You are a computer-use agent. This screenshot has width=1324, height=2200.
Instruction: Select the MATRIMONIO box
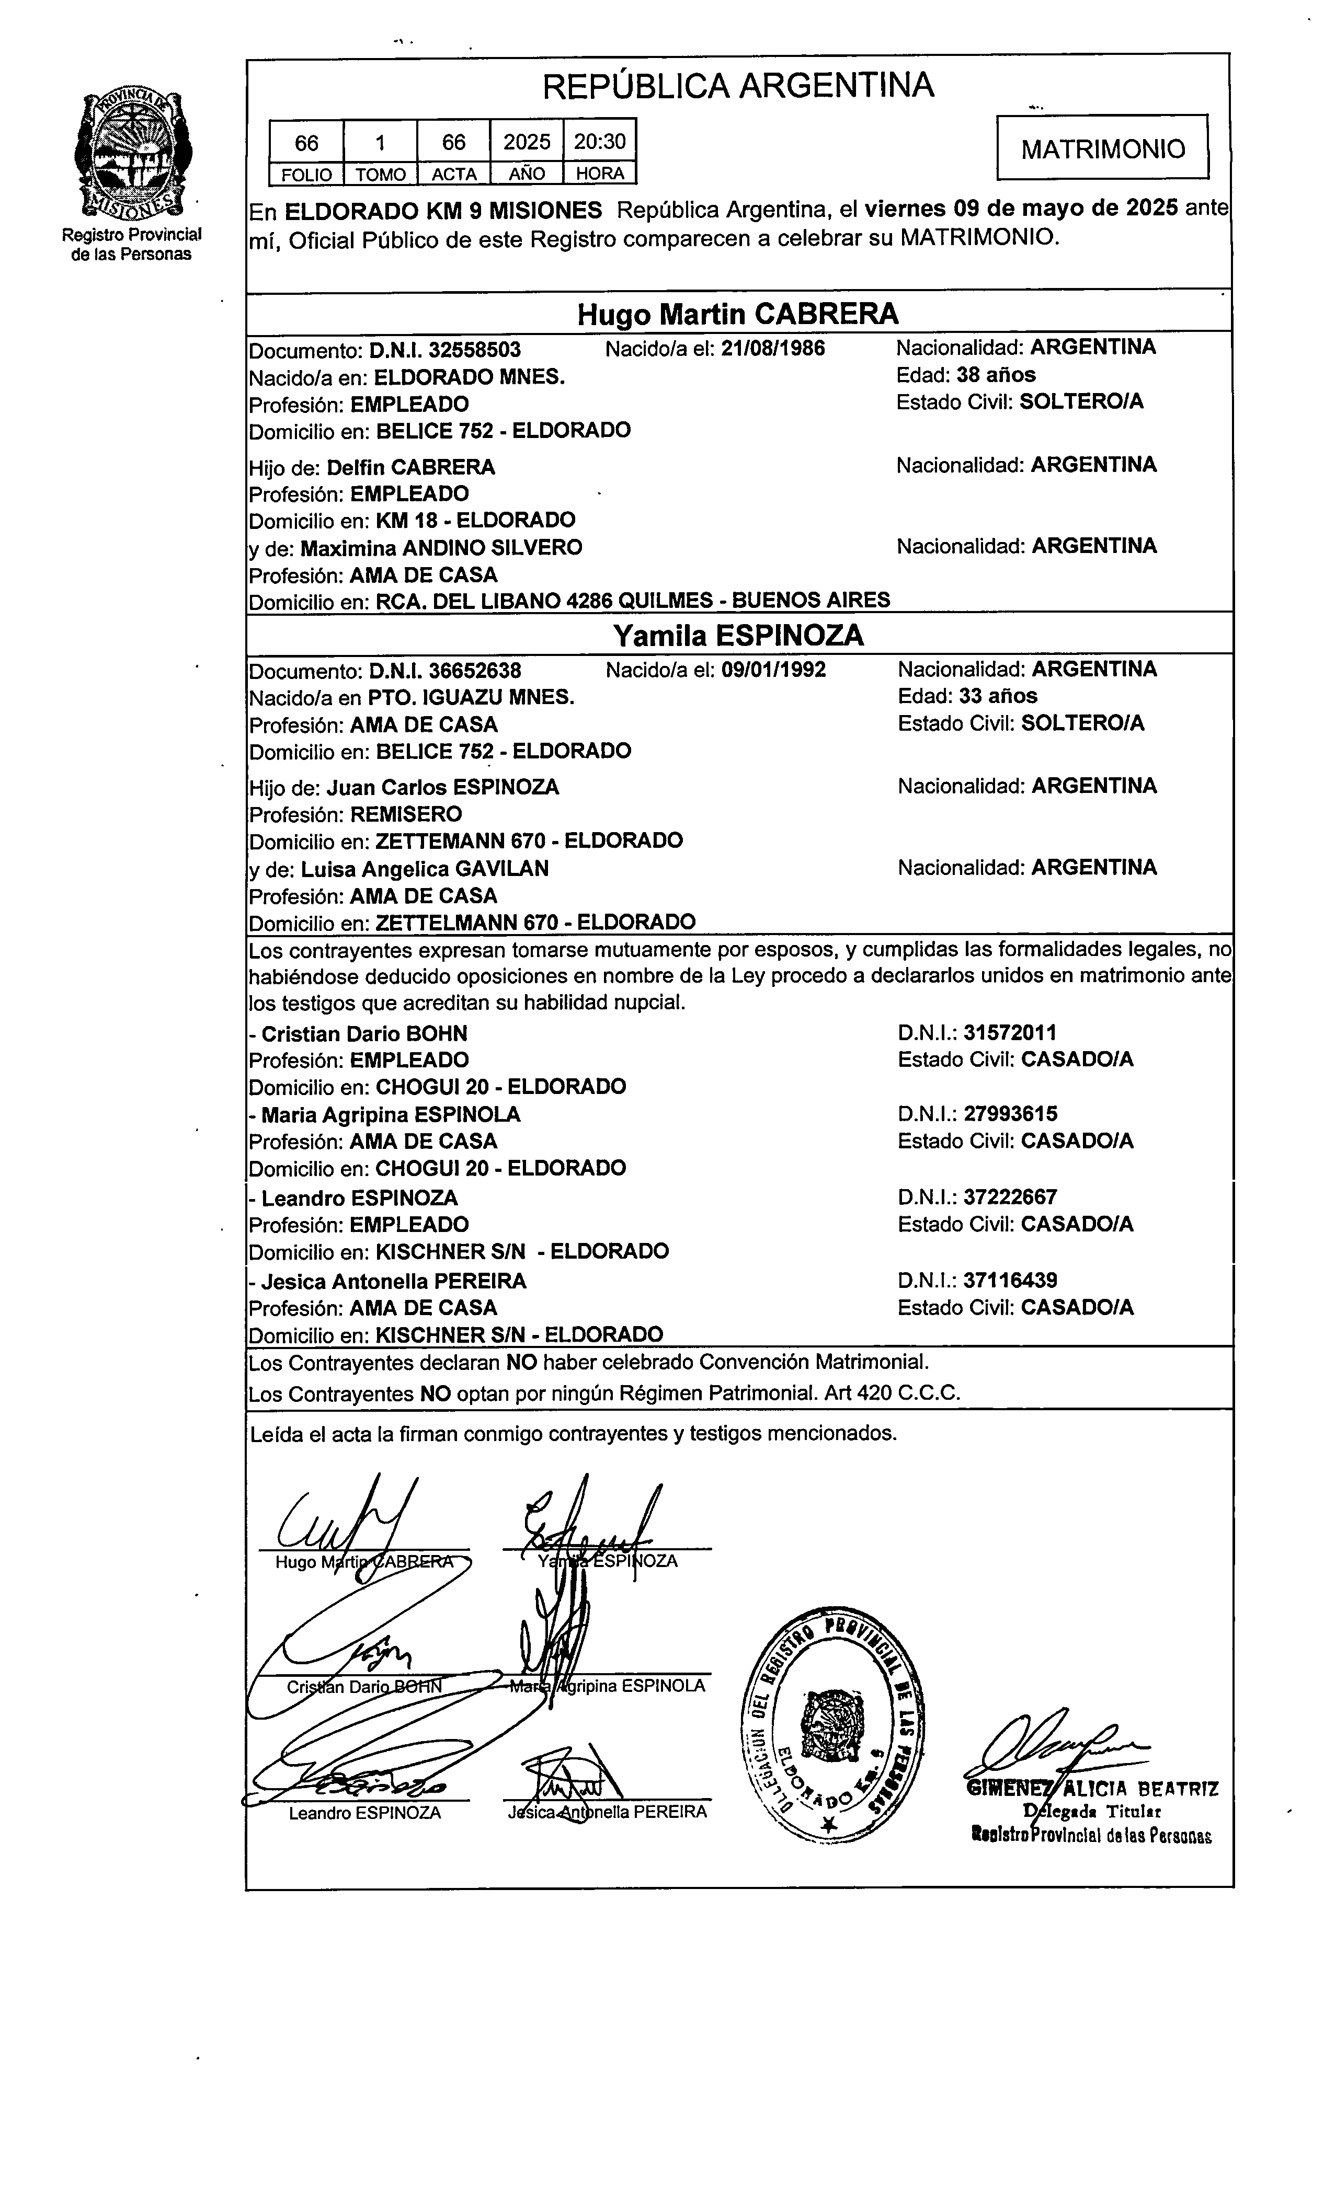coord(1103,148)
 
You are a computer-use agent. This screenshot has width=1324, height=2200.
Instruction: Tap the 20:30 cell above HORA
coord(600,142)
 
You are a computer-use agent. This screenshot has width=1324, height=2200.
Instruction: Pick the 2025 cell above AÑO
coord(527,142)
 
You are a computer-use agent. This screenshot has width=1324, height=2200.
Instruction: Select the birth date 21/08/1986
coord(773,348)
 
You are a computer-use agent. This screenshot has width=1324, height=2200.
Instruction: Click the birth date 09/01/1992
coord(773,670)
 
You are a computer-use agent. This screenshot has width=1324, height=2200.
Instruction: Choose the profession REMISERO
coord(406,814)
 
